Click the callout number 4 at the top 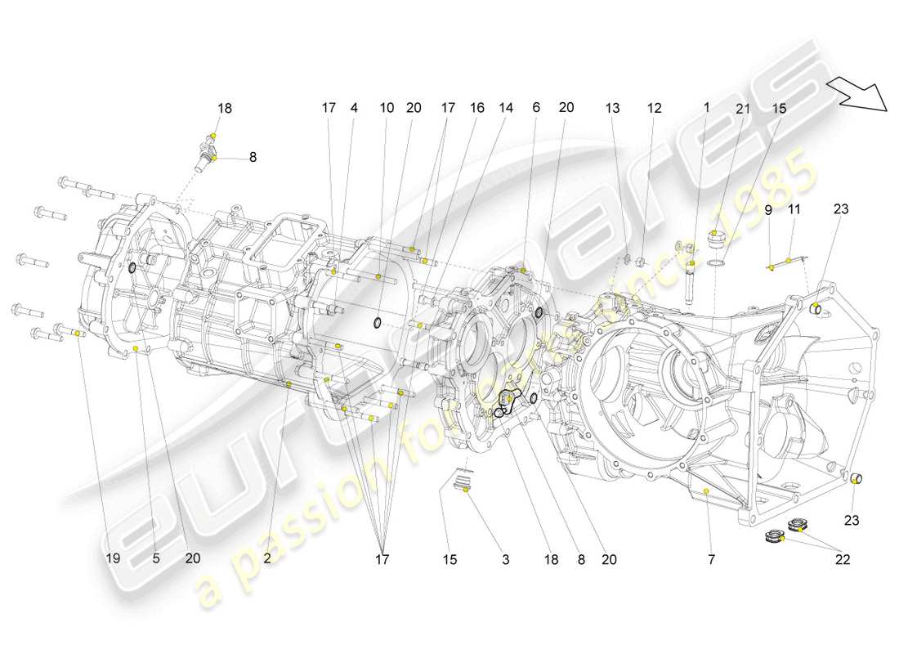354,107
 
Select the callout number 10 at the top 387,107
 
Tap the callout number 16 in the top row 476,107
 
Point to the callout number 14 506,107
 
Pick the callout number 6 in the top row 536,107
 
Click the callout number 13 613,107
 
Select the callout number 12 655,107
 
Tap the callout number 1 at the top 707,107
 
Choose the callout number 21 742,107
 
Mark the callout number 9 767,209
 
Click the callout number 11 794,209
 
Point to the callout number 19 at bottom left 113,559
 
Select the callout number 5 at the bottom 155,559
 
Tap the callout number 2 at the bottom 267,559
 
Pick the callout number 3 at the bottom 505,560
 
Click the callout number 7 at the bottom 711,560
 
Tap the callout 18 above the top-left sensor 224,107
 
